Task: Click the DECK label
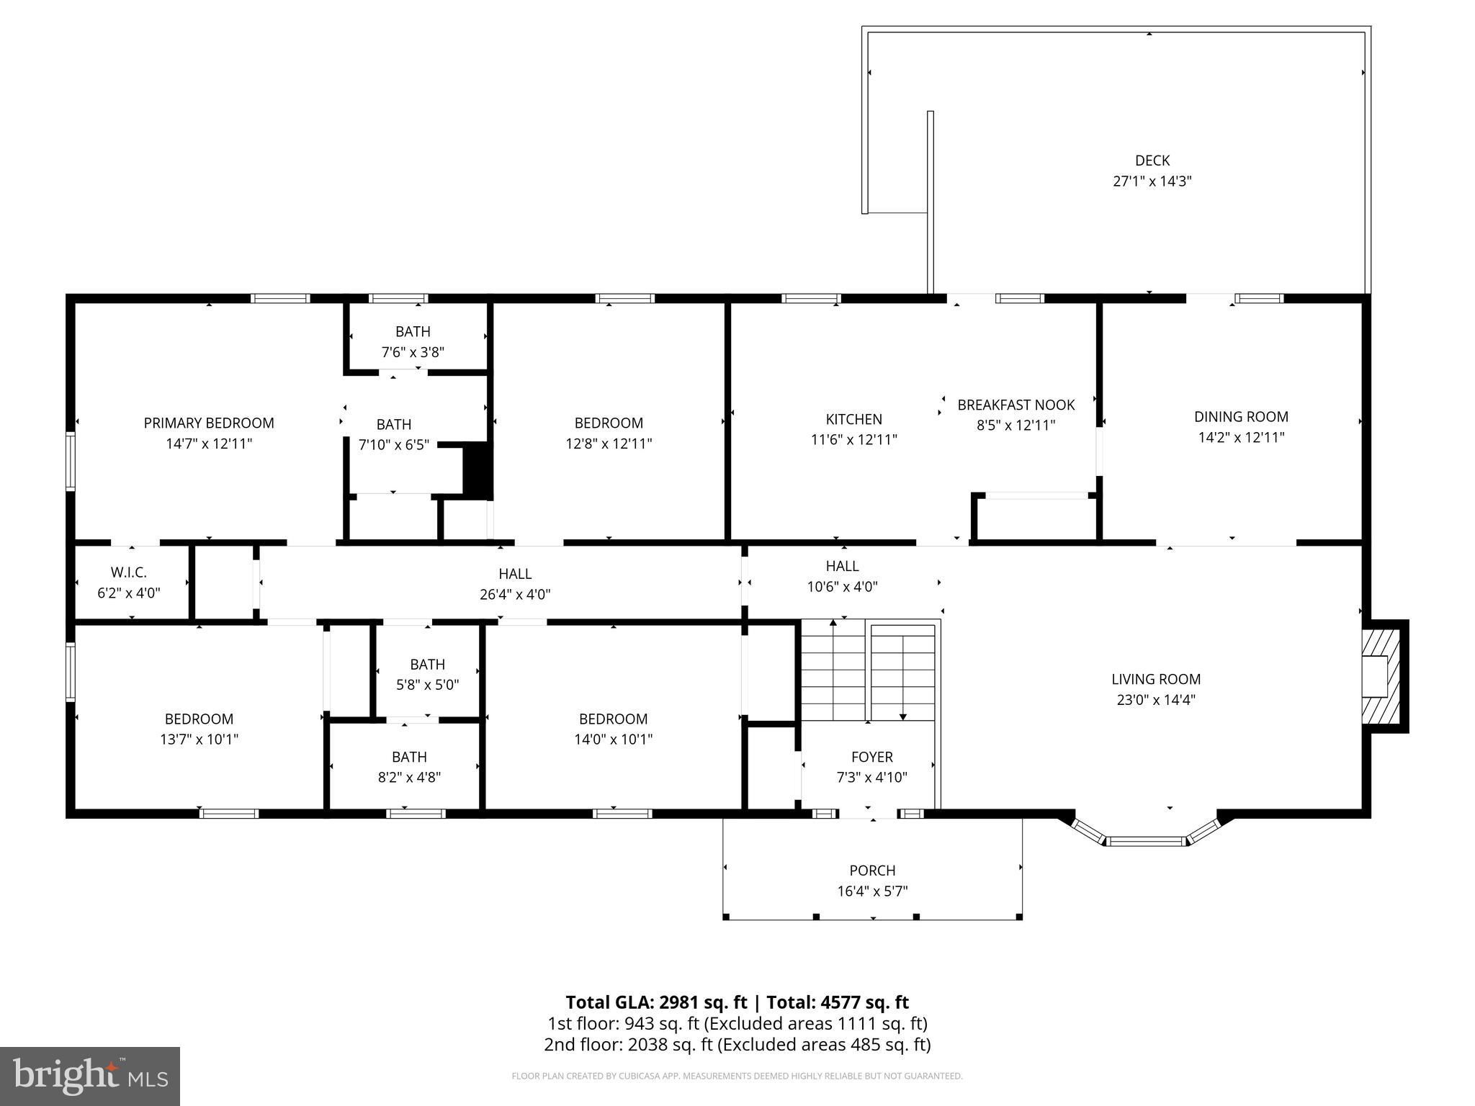1152,161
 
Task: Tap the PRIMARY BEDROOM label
209,423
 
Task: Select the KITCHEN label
853,419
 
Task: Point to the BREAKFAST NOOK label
1016,405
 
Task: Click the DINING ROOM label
1241,416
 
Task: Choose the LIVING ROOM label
1156,679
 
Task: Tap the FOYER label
871,757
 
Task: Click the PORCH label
872,871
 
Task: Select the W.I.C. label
129,572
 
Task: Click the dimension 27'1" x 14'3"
1152,181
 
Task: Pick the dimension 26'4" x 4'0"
515,595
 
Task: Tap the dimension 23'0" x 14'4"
1156,700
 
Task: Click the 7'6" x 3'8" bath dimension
413,353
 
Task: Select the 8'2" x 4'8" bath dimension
409,778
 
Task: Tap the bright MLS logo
90,1076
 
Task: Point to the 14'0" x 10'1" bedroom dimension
613,739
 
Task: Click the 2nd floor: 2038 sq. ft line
737,1045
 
